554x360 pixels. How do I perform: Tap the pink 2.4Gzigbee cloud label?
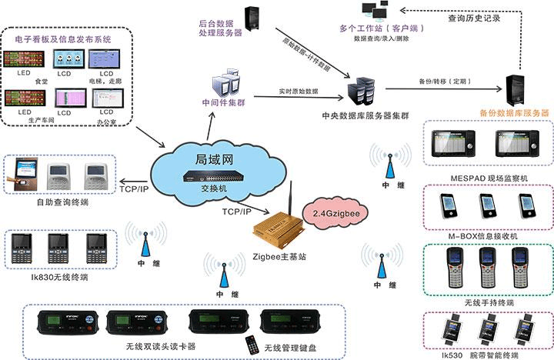click(337, 209)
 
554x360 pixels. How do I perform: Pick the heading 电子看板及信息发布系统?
click(62, 38)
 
